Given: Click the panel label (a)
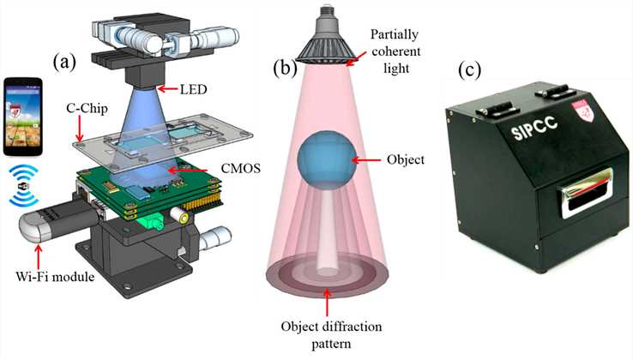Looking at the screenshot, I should (x=67, y=63).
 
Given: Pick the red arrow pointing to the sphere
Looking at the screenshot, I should (x=371, y=159).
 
